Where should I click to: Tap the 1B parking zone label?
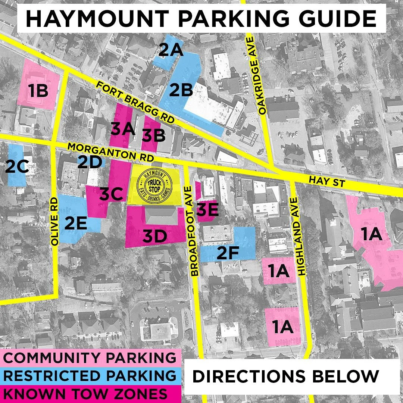[x=38, y=91]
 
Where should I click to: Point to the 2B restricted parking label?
[x=181, y=90]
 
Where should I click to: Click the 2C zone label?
[x=17, y=167]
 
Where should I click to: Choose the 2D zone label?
[x=90, y=162]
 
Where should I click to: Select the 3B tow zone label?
[x=153, y=135]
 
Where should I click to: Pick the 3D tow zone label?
[x=155, y=236]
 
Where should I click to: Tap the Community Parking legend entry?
[x=90, y=357]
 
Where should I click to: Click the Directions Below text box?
[x=286, y=377]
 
